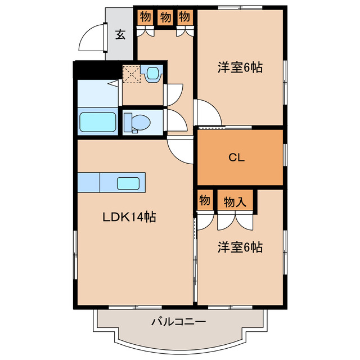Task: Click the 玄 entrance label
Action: pyautogui.click(x=120, y=34)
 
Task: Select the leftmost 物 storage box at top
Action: pyautogui.click(x=146, y=17)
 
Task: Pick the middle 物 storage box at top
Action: pyautogui.click(x=165, y=17)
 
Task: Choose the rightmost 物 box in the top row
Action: pyautogui.click(x=184, y=17)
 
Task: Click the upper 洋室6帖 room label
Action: pyautogui.click(x=240, y=68)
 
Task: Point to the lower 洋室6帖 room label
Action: pyautogui.click(x=240, y=247)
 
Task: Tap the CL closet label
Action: pyautogui.click(x=236, y=158)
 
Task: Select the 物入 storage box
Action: pyautogui.click(x=235, y=200)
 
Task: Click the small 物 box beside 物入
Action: pyautogui.click(x=205, y=200)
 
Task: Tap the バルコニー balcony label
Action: pyautogui.click(x=179, y=322)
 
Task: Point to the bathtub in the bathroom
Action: pyautogui.click(x=98, y=121)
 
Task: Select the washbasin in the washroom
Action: pyautogui.click(x=152, y=75)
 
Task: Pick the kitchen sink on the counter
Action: pyautogui.click(x=129, y=183)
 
